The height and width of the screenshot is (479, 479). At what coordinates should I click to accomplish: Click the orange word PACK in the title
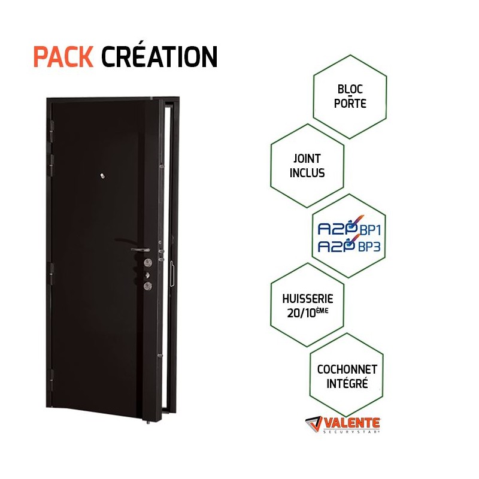pyautogui.click(x=63, y=57)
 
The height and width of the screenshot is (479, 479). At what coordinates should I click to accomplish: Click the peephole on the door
pyautogui.click(x=102, y=176)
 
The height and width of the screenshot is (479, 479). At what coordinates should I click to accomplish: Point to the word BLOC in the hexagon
pyautogui.click(x=350, y=89)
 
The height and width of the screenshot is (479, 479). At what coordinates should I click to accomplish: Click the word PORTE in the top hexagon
pyautogui.click(x=350, y=103)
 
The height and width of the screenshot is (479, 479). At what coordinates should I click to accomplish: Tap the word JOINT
pyautogui.click(x=307, y=159)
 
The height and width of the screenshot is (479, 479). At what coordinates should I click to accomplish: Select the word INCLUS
pyautogui.click(x=307, y=173)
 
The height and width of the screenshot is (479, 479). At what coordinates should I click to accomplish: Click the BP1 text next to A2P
pyautogui.click(x=370, y=230)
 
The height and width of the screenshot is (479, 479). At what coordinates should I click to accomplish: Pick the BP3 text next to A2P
pyautogui.click(x=369, y=247)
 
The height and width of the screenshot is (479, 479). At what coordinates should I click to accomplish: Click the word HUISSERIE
pyautogui.click(x=308, y=298)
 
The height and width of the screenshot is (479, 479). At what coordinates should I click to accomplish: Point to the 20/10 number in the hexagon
pyautogui.click(x=301, y=313)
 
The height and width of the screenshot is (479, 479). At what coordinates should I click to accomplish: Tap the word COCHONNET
pyautogui.click(x=347, y=369)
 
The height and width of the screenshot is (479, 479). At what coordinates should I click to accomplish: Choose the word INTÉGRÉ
pyautogui.click(x=347, y=384)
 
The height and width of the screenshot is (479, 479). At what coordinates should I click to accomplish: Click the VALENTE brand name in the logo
pyautogui.click(x=351, y=423)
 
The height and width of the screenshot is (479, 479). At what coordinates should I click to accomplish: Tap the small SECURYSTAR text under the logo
pyautogui.click(x=351, y=432)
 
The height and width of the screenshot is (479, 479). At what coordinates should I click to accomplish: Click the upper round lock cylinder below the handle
pyautogui.click(x=148, y=262)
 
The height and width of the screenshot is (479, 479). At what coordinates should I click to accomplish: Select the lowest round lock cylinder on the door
pyautogui.click(x=147, y=286)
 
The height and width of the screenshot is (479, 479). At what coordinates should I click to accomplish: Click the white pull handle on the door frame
pyautogui.click(x=172, y=274)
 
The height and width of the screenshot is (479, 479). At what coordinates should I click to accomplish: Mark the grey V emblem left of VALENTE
pyautogui.click(x=314, y=424)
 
